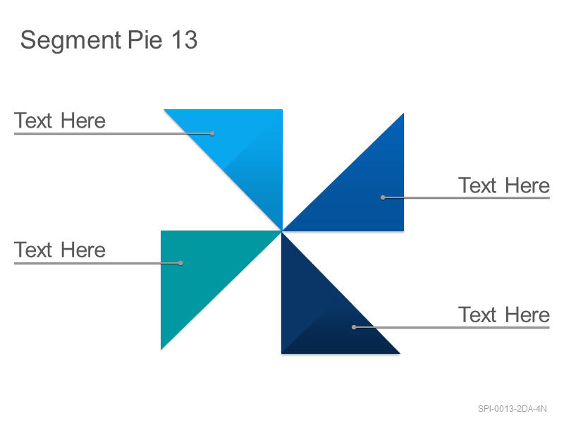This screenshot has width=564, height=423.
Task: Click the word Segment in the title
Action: tap(71, 41)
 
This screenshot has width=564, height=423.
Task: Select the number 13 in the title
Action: tap(184, 39)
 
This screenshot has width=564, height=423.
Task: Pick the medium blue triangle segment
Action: tap(363, 190)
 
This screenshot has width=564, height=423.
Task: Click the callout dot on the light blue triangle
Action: tap(213, 133)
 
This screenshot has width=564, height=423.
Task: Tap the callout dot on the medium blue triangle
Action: tap(383, 197)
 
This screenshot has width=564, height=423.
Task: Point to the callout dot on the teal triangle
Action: tap(180, 263)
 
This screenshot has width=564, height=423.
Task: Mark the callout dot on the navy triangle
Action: tap(354, 327)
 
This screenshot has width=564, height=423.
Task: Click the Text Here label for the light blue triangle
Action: tap(60, 121)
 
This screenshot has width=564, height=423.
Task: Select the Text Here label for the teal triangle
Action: tap(60, 250)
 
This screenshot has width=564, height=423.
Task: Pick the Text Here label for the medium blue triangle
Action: tap(504, 185)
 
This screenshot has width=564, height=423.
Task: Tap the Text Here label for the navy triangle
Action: tap(504, 314)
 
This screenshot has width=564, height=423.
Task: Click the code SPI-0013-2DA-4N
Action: tap(513, 409)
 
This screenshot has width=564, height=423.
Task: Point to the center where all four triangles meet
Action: tap(282, 231)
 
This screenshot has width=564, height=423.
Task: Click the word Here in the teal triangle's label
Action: tap(83, 250)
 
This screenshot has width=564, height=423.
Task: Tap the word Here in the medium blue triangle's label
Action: tap(527, 185)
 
